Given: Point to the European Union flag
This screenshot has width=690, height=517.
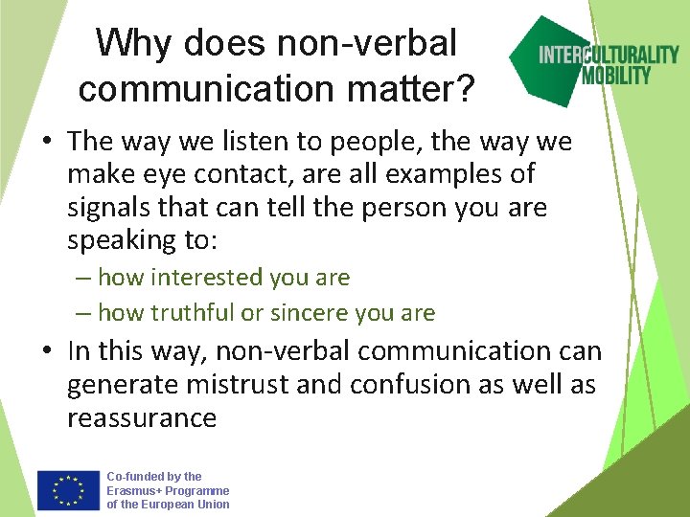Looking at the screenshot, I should pos(69,489).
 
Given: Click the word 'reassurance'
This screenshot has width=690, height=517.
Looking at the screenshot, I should pos(142,418).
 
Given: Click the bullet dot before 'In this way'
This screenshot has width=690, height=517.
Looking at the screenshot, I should pos(46,352).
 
